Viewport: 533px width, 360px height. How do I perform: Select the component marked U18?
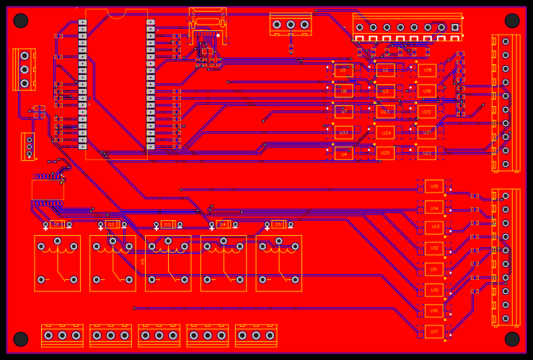(x=427, y=70)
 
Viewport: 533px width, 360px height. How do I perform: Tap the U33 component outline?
(x=343, y=133)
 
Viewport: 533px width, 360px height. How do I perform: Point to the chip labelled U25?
(x=384, y=153)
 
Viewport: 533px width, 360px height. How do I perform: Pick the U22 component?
(x=426, y=153)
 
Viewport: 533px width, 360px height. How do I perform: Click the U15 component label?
(x=434, y=186)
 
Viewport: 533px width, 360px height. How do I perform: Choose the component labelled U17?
(x=433, y=332)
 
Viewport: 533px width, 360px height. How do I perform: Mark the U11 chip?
(x=433, y=269)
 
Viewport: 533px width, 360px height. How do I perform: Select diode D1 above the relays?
(x=57, y=224)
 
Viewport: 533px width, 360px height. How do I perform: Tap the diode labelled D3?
(x=167, y=224)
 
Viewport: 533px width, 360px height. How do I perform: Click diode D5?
(x=278, y=224)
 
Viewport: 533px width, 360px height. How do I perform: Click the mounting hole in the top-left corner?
(x=21, y=20)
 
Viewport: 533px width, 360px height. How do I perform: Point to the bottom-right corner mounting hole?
(x=512, y=339)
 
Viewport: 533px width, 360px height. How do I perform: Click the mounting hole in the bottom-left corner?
(x=21, y=339)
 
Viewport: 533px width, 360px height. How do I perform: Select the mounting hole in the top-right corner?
(x=512, y=20)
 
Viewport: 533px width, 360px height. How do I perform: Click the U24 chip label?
(x=384, y=133)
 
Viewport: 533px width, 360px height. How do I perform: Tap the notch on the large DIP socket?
(x=116, y=12)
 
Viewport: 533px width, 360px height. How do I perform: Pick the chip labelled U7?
(x=343, y=112)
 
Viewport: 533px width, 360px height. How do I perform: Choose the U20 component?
(x=426, y=112)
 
